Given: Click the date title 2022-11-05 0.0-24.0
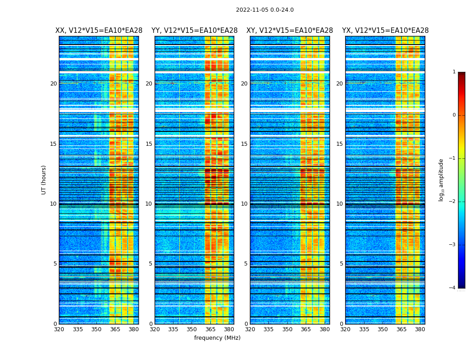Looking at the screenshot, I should [265, 10].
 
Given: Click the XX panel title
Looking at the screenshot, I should [99, 31].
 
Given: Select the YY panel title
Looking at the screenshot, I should [194, 31].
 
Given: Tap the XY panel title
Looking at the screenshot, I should [289, 31].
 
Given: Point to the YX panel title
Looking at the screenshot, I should [385, 31].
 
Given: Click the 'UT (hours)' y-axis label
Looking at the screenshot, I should [44, 180].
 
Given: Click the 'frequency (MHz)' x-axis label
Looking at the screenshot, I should [217, 338].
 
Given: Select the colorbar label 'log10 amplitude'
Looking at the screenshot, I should [441, 180].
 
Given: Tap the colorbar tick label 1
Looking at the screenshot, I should [454, 72].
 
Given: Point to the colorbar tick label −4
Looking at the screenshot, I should [453, 288].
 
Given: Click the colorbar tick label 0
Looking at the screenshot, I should [454, 115].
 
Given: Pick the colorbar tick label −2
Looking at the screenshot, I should [453, 202].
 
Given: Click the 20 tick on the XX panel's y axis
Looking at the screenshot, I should [53, 84].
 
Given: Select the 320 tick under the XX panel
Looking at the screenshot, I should [59, 329].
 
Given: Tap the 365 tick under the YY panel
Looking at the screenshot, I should [210, 329].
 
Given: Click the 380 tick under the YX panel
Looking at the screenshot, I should [420, 329].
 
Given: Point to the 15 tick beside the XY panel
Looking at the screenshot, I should [244, 144].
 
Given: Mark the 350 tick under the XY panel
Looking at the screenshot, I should [287, 329].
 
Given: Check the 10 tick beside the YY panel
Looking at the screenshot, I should [149, 204].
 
